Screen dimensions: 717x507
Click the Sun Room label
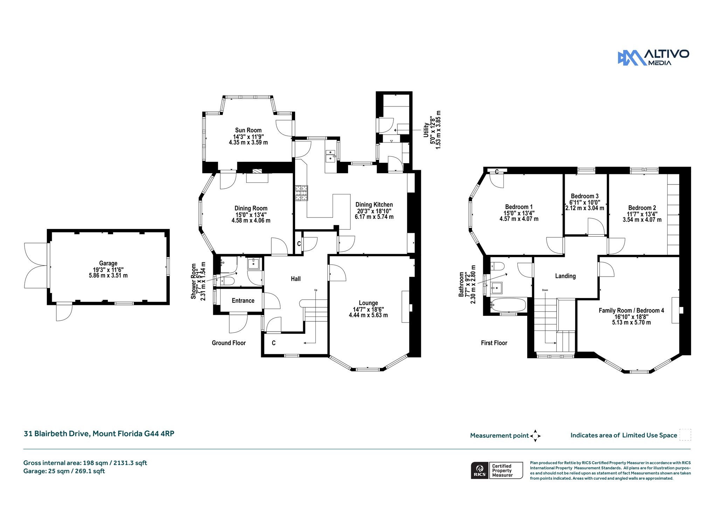248,130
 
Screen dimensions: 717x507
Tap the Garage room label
108,263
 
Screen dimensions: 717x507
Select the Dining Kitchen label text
374,205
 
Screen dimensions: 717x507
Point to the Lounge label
368,303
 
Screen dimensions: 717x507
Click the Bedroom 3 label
585,196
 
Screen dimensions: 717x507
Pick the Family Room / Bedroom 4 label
631,311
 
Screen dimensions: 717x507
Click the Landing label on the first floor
565,276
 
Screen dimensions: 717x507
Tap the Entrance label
243,301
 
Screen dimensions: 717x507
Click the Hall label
296,279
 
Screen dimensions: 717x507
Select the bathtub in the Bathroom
508,305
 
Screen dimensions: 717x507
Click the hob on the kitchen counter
301,193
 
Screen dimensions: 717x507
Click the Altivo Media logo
653,57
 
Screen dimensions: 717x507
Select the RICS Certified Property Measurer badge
497,471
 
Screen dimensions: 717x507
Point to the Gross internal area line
85,463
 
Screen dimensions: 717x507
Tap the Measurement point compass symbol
535,436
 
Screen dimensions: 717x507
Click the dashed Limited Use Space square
685,435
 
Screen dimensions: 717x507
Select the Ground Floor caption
229,343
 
